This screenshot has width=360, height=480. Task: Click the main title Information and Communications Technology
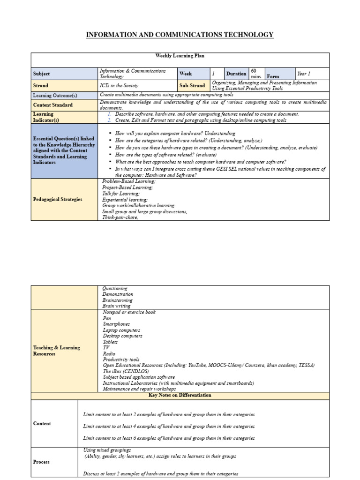[x=180, y=35]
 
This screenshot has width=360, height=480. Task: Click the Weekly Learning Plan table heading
[x=180, y=56]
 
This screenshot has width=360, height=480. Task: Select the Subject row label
[x=41, y=74]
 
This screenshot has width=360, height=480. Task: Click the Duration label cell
[x=236, y=74]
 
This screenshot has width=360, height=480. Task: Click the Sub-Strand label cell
[x=192, y=86]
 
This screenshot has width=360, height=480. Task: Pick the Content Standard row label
[x=52, y=105]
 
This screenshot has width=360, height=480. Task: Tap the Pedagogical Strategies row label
[x=58, y=199]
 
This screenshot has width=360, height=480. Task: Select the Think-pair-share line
[x=120, y=217]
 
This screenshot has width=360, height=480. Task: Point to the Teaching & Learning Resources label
[x=56, y=351]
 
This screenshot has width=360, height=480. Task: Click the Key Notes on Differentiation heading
[x=180, y=396]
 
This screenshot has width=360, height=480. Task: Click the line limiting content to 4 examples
[x=169, y=427]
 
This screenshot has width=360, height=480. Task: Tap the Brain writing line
[x=117, y=306]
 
